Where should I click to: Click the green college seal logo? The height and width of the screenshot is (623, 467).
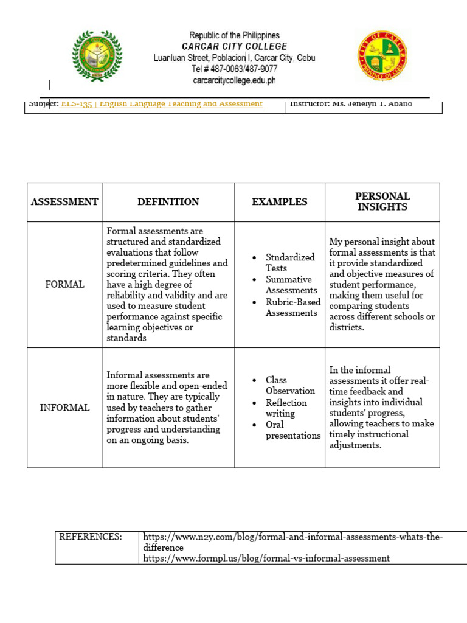pos(97,57)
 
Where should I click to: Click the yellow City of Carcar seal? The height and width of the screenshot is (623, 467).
pos(382,57)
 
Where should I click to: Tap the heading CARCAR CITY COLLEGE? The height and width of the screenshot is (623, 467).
pos(235,47)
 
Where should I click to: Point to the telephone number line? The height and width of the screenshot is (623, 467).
pos(235,69)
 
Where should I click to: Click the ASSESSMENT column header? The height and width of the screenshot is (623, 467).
pos(64,202)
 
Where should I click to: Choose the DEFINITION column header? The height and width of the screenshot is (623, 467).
pos(168,202)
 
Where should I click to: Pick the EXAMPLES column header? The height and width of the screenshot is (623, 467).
pos(280,202)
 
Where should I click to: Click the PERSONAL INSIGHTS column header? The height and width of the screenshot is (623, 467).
pos(382,201)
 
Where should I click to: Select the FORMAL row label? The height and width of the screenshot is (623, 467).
pos(64,285)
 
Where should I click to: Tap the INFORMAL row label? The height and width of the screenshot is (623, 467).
pos(64,408)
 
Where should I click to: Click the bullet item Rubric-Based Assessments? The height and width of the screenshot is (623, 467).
pos(292,307)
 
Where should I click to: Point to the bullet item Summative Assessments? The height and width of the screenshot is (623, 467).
pos(291,285)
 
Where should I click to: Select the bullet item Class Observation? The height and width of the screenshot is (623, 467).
pos(290,386)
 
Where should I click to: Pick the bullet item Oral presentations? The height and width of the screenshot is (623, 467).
pos(292,430)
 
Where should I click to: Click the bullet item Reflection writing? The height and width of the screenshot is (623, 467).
pos(286,408)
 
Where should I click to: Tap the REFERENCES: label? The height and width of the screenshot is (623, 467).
pos(90,537)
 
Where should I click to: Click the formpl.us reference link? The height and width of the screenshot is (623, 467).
pos(266,558)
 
